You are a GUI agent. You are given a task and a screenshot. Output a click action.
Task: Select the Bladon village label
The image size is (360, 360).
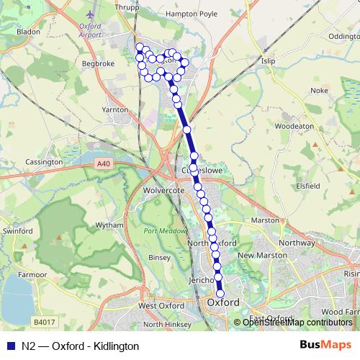point(28,32)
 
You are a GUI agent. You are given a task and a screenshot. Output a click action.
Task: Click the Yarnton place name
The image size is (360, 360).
point(115,109)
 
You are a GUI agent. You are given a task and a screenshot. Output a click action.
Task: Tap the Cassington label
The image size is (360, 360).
point(44,162)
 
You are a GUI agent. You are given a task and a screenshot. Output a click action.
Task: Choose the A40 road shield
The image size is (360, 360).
point(104,164)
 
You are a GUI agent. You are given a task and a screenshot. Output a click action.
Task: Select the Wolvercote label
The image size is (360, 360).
point(166,190)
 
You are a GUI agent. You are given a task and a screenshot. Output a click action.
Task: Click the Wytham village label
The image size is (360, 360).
point(109,225)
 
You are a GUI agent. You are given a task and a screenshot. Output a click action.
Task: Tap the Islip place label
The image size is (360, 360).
point(269,61)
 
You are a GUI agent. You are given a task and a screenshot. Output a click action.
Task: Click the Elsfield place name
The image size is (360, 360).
point(307,185)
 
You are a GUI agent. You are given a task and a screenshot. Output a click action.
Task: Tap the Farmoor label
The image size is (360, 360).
point(33,274)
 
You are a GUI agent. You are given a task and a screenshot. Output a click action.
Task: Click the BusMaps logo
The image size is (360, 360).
point(325,346)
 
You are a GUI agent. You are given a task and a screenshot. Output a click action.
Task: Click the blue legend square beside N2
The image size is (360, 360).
point(9,346)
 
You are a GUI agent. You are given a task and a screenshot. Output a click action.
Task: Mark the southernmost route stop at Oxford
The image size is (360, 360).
point(220,293)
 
